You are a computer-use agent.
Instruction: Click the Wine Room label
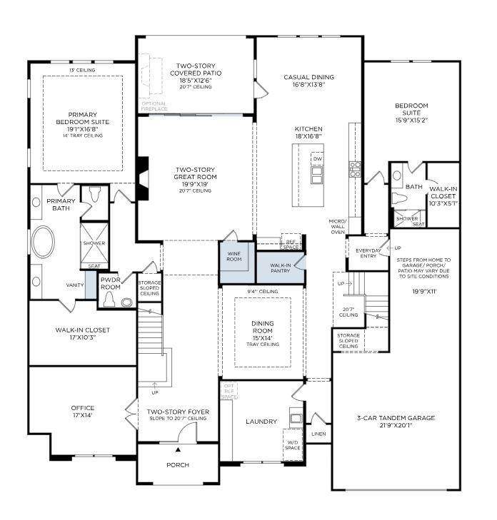click(234, 256)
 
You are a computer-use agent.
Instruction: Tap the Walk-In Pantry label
click(280, 267)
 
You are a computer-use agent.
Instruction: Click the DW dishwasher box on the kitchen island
click(318, 158)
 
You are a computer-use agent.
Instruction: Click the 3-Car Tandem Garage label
click(396, 418)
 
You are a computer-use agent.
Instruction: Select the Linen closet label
click(318, 434)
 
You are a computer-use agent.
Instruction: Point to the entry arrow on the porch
click(178, 450)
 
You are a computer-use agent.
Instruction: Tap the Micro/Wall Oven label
click(337, 226)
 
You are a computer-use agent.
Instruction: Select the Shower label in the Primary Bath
click(94, 243)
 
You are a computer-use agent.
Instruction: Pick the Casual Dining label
click(308, 77)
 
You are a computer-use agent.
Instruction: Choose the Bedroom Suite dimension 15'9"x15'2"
click(411, 120)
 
